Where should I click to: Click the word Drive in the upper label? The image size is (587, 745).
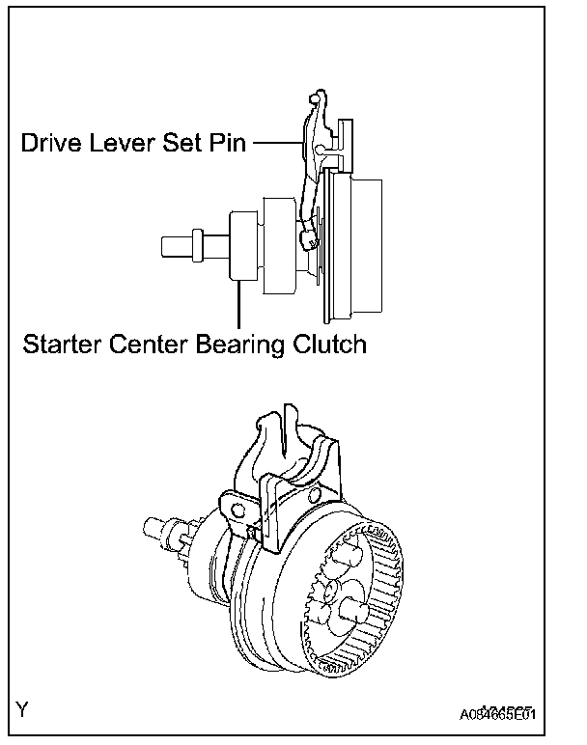click(54, 145)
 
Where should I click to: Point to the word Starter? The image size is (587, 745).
click(63, 344)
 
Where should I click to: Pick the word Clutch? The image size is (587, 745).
click(332, 344)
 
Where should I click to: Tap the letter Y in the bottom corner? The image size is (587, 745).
click(21, 711)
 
